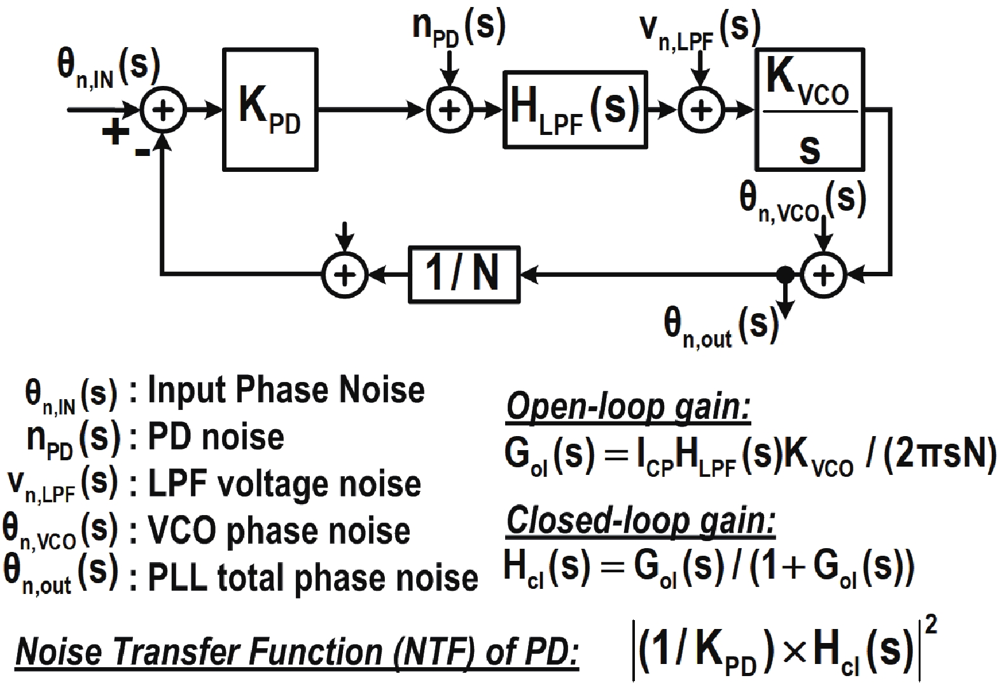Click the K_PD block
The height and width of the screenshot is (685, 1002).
coord(270,110)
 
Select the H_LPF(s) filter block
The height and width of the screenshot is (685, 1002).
coord(574,110)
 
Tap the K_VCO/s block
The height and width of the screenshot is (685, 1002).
coord(809,110)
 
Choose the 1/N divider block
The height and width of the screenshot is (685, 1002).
coord(464,274)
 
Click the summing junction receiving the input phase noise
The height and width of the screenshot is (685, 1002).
coord(163,110)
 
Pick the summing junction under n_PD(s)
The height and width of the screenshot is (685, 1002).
coord(449,110)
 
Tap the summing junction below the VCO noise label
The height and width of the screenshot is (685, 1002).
coord(824,274)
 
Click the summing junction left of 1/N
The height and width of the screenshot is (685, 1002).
coord(344,274)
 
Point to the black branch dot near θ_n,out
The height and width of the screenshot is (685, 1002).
coord(786,274)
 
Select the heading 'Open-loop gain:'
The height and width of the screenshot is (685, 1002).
coord(628,408)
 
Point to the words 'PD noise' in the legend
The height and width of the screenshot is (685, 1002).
coord(216,437)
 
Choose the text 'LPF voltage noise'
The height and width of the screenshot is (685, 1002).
coord(284,484)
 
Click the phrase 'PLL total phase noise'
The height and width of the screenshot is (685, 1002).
coord(312,578)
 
